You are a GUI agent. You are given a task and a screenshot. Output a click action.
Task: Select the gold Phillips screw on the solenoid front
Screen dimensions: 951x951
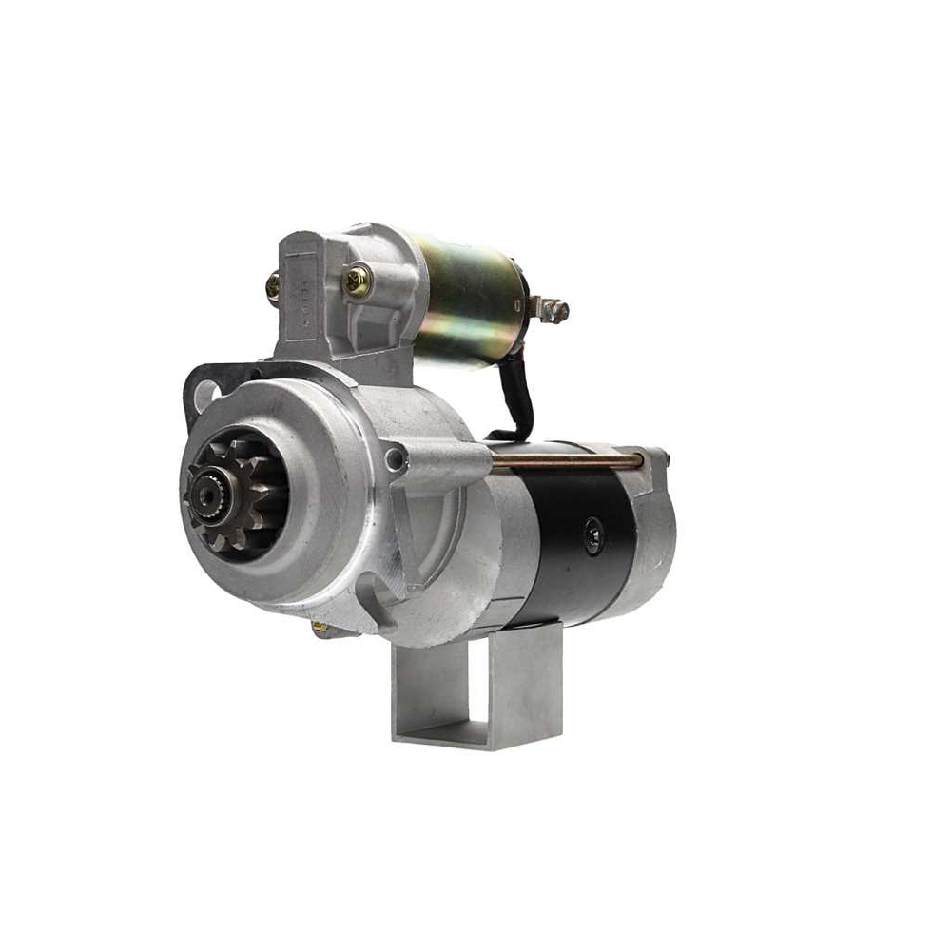click(357, 281)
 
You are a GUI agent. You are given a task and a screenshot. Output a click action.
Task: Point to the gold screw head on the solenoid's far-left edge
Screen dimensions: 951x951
click(274, 285)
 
